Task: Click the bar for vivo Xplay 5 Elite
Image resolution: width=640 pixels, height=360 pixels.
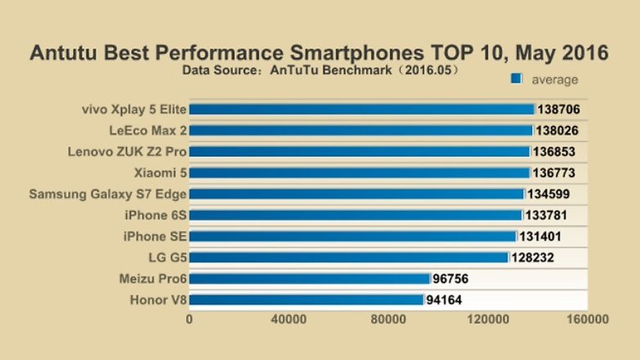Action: tap(361, 109)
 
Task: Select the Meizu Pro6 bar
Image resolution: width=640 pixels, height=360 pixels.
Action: tap(309, 279)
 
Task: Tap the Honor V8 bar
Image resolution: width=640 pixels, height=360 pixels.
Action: tap(306, 300)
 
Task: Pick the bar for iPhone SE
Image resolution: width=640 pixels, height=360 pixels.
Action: tap(353, 236)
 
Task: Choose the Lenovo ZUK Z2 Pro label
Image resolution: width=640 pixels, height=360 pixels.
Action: tap(128, 151)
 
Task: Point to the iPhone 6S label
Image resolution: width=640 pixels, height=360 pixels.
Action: tap(155, 215)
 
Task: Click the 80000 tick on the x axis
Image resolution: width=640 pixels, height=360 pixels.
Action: tap(388, 320)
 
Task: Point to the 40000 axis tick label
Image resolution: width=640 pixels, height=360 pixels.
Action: tap(289, 320)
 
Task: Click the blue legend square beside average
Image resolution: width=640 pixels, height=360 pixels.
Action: tap(516, 79)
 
